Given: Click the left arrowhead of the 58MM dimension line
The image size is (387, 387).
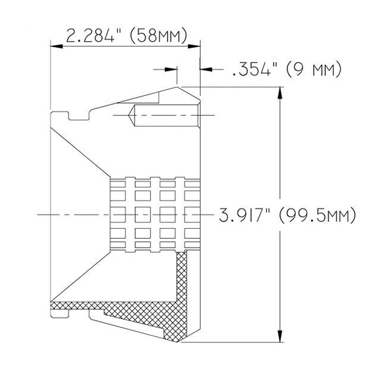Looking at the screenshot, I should pos(54,44).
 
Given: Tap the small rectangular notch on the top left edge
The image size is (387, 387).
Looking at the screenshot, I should pos(73,115).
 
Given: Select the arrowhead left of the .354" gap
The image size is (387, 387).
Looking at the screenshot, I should pos(174,70).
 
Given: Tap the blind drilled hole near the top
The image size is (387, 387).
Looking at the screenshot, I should pos(167,115).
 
